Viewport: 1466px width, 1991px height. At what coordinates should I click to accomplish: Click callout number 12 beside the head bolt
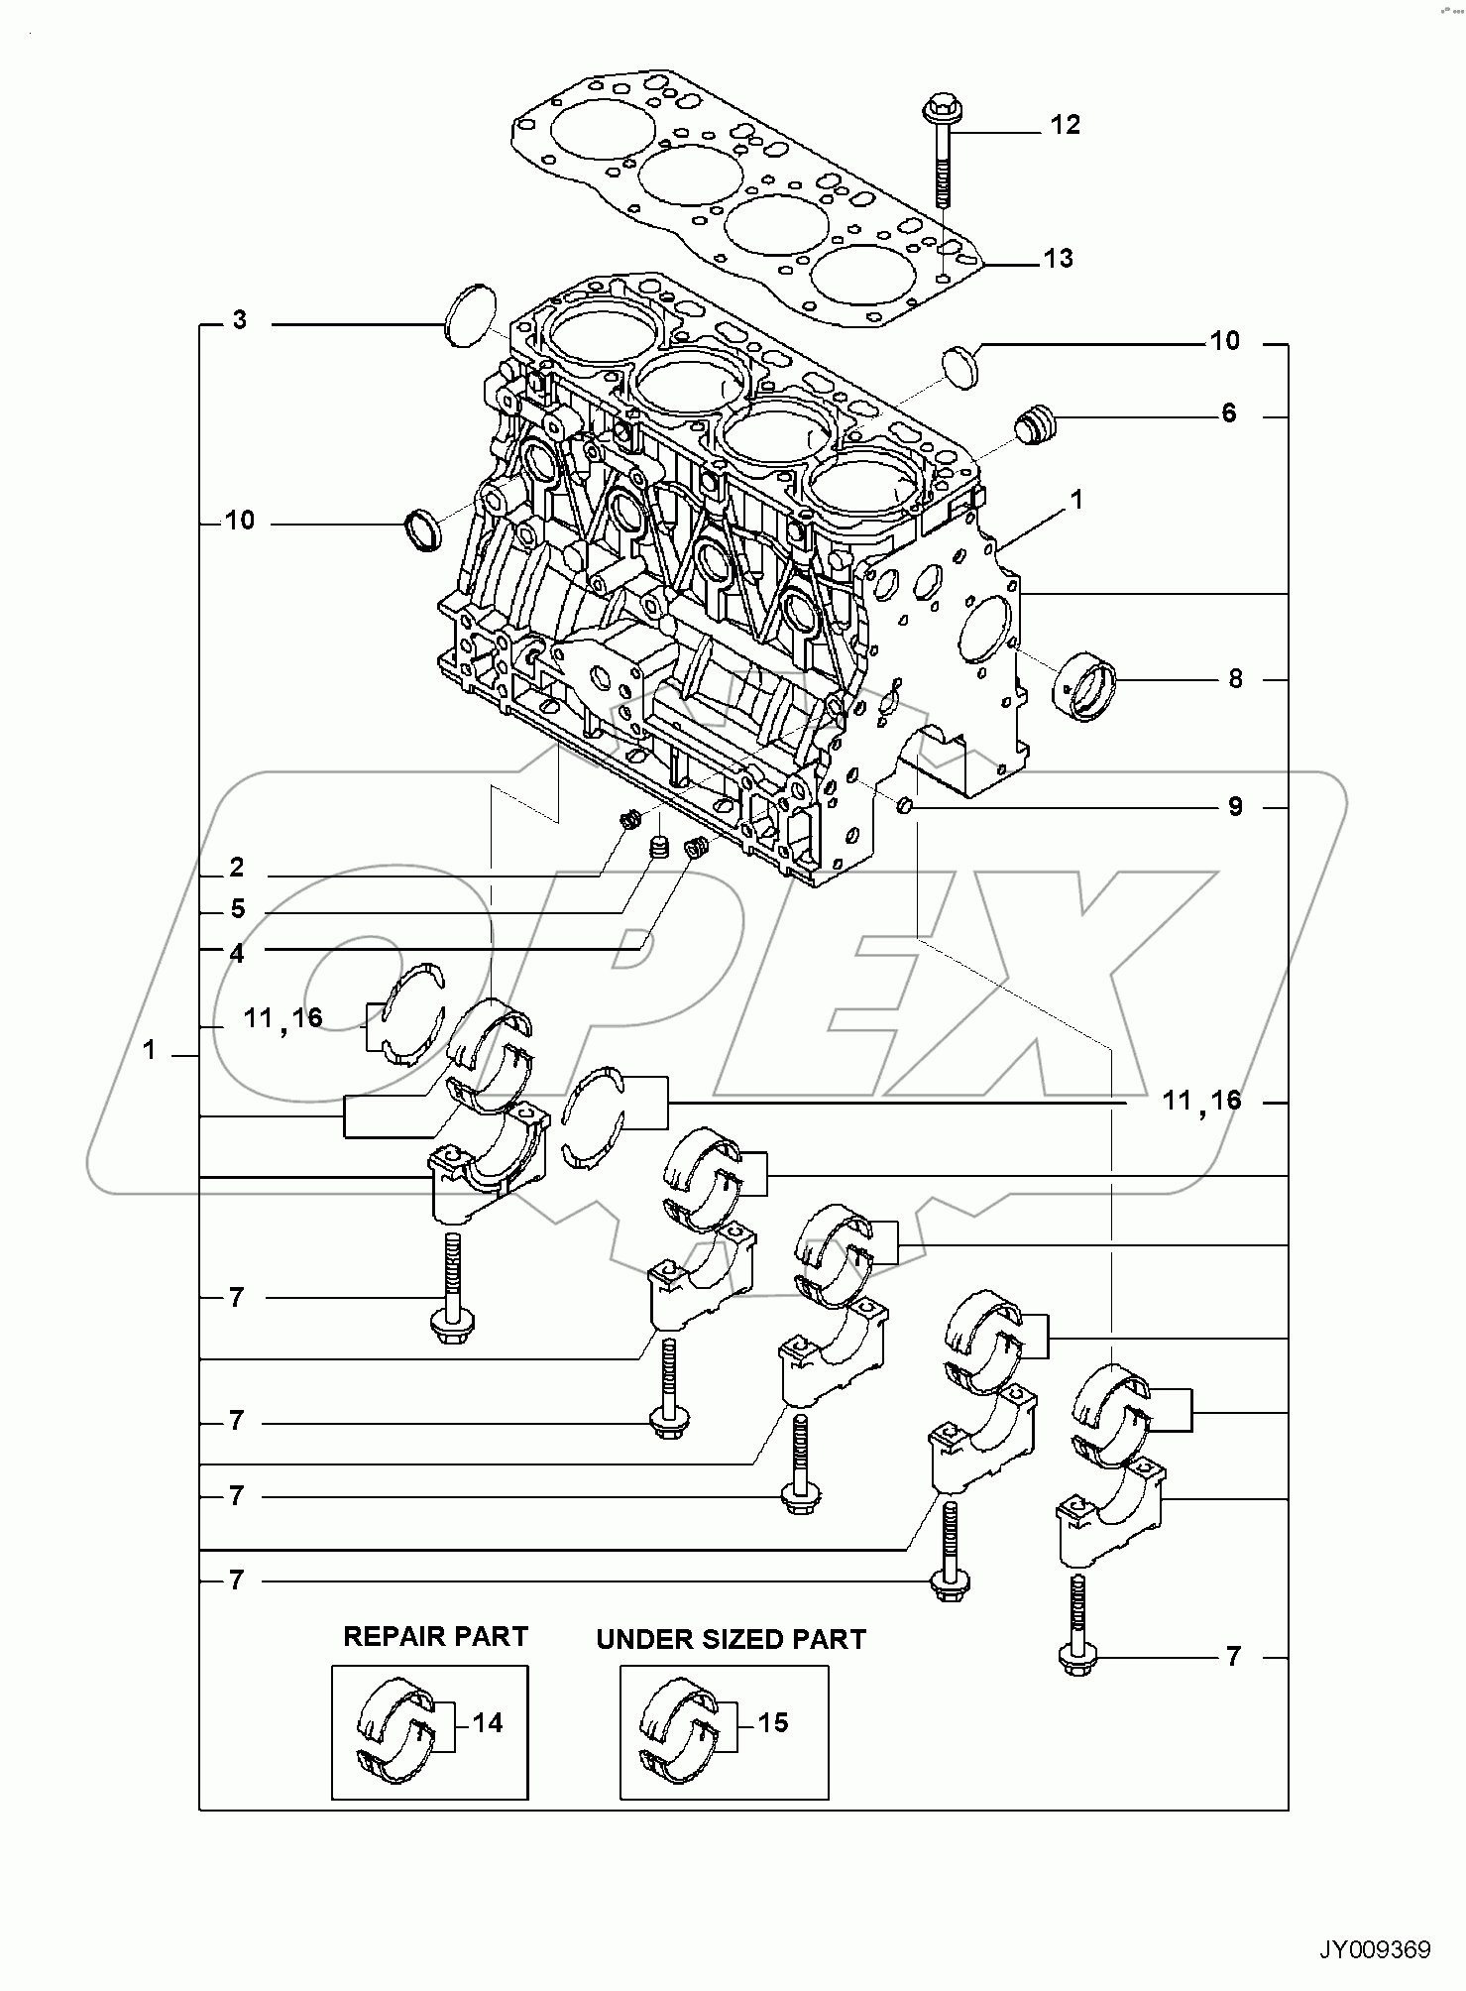click(x=1065, y=125)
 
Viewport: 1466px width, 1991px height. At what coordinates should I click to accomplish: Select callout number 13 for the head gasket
click(x=1058, y=259)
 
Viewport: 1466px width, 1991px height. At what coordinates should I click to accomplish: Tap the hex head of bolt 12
click(x=938, y=107)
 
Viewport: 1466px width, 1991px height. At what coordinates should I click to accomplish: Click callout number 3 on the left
click(x=240, y=320)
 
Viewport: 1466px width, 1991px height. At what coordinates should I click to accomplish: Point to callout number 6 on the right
click(x=1228, y=413)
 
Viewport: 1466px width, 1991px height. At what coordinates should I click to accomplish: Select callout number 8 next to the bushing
click(x=1235, y=679)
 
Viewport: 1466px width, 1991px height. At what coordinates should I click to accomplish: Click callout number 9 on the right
click(x=1235, y=807)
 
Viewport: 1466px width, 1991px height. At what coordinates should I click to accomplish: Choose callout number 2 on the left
click(x=236, y=868)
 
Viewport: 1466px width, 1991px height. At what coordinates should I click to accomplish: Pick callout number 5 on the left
click(x=237, y=909)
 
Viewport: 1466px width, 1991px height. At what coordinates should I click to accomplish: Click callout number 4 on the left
click(x=236, y=953)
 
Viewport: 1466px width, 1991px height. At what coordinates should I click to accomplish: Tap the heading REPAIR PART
click(x=435, y=1636)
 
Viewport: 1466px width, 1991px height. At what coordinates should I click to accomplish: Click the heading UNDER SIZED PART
click(x=731, y=1640)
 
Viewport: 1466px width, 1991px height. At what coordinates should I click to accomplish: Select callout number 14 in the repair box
click(x=488, y=1722)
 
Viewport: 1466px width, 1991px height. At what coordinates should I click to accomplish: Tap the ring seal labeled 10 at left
click(x=423, y=531)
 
